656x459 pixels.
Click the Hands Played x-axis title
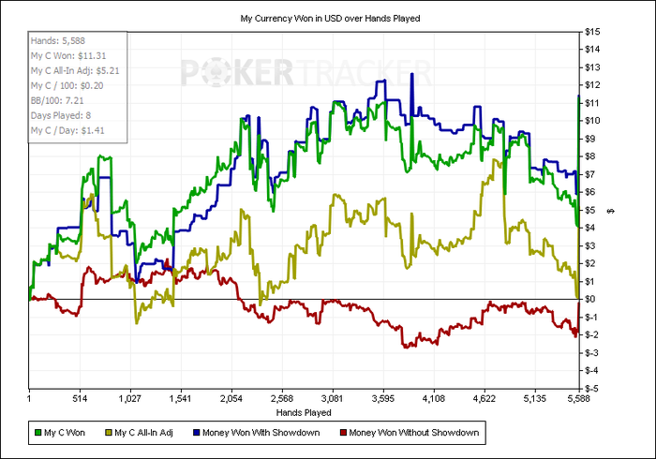pyautogui.click(x=304, y=411)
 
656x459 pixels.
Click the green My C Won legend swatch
pyautogui.click(x=37, y=433)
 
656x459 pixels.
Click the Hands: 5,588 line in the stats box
pyautogui.click(x=57, y=41)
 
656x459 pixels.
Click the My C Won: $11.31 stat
pyautogui.click(x=68, y=55)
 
